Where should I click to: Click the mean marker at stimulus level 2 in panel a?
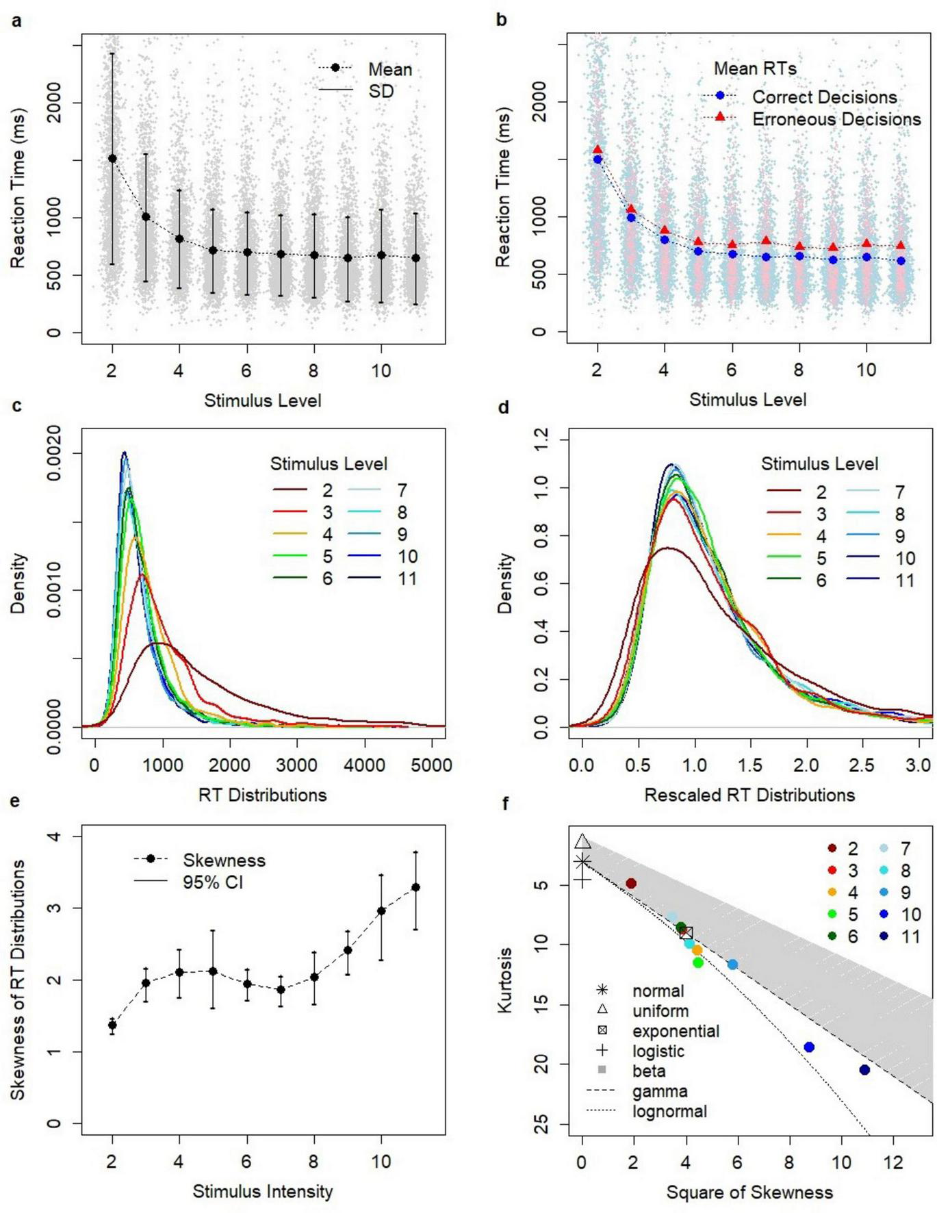click(112, 159)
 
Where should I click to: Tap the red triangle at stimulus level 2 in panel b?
click(598, 149)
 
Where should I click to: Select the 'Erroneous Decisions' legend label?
click(836, 119)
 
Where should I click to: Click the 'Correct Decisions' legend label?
click(824, 97)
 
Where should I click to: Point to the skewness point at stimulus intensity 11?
click(415, 887)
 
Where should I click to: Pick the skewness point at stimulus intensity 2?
click(112, 1025)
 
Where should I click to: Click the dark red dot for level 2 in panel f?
click(631, 884)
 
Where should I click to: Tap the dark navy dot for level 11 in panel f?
click(864, 1070)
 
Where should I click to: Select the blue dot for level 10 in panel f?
click(809, 1047)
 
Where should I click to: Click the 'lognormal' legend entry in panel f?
click(669, 1112)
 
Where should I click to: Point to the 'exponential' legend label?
click(675, 1031)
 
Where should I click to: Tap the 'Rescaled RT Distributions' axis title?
click(749, 795)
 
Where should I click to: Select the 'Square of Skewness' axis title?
click(749, 1192)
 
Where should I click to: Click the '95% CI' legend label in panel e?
click(212, 882)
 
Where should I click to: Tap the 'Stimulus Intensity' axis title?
click(263, 1192)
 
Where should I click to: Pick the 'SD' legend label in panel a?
click(381, 91)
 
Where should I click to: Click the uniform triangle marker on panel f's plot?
click(582, 842)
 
